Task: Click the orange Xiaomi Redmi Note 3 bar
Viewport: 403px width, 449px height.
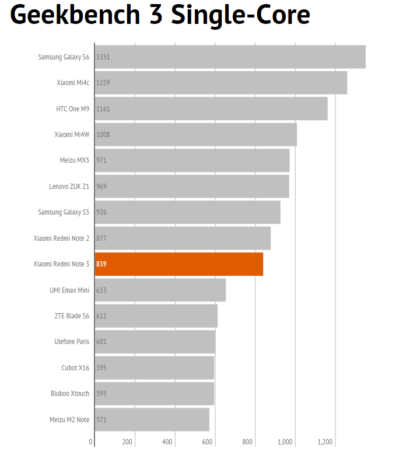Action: tap(179, 264)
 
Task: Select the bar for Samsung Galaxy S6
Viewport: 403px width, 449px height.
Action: tap(230, 57)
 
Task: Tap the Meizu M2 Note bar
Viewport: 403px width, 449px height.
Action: tap(152, 419)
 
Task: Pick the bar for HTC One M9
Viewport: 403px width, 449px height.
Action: tap(211, 108)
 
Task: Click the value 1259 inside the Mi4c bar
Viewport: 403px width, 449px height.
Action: tap(103, 83)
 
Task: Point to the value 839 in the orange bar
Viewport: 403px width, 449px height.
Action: tap(101, 264)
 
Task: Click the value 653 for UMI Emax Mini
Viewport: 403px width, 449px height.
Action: tap(102, 290)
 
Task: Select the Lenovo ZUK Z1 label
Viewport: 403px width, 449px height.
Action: tap(69, 186)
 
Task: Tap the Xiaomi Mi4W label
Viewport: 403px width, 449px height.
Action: tap(72, 134)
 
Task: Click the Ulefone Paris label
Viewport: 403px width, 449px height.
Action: tap(72, 341)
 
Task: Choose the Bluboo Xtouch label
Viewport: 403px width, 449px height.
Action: tap(70, 393)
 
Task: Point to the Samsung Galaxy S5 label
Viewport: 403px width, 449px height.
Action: tap(64, 212)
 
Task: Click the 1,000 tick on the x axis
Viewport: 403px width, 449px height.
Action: tap(285, 441)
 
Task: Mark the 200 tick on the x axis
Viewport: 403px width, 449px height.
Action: tap(127, 441)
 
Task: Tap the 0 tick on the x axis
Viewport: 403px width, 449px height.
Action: tap(90, 441)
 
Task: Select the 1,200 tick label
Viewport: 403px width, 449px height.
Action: tap(325, 441)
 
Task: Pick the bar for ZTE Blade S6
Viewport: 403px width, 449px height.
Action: tap(156, 315)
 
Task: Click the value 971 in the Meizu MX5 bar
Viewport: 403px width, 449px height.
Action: tap(101, 160)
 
